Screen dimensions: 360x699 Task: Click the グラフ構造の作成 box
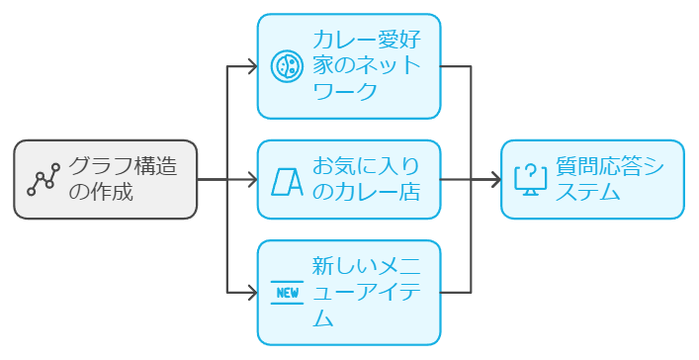pyautogui.click(x=105, y=179)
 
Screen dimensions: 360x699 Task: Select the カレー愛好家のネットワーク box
pyautogui.click(x=348, y=66)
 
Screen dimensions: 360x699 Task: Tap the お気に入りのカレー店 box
pyautogui.click(x=348, y=179)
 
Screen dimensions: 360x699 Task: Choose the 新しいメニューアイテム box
pyautogui.click(x=348, y=293)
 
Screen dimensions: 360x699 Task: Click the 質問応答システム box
pyautogui.click(x=591, y=179)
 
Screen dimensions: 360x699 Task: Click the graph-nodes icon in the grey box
pyautogui.click(x=44, y=179)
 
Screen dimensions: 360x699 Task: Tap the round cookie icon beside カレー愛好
pyautogui.click(x=286, y=66)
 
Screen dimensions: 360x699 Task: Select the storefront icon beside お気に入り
pyautogui.click(x=286, y=180)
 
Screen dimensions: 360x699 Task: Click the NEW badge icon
pyautogui.click(x=286, y=293)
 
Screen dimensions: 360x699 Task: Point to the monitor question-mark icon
pyautogui.click(x=530, y=180)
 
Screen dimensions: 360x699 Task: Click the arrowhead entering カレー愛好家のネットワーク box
pyautogui.click(x=251, y=66)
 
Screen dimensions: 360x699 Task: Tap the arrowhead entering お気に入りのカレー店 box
pyautogui.click(x=251, y=180)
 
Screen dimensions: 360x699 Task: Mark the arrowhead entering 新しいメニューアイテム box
pyautogui.click(x=251, y=293)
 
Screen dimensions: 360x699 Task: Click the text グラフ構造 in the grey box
pyautogui.click(x=123, y=166)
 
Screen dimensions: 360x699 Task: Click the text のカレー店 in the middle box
pyautogui.click(x=365, y=192)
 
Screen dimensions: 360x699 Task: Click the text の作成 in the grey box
pyautogui.click(x=99, y=192)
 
